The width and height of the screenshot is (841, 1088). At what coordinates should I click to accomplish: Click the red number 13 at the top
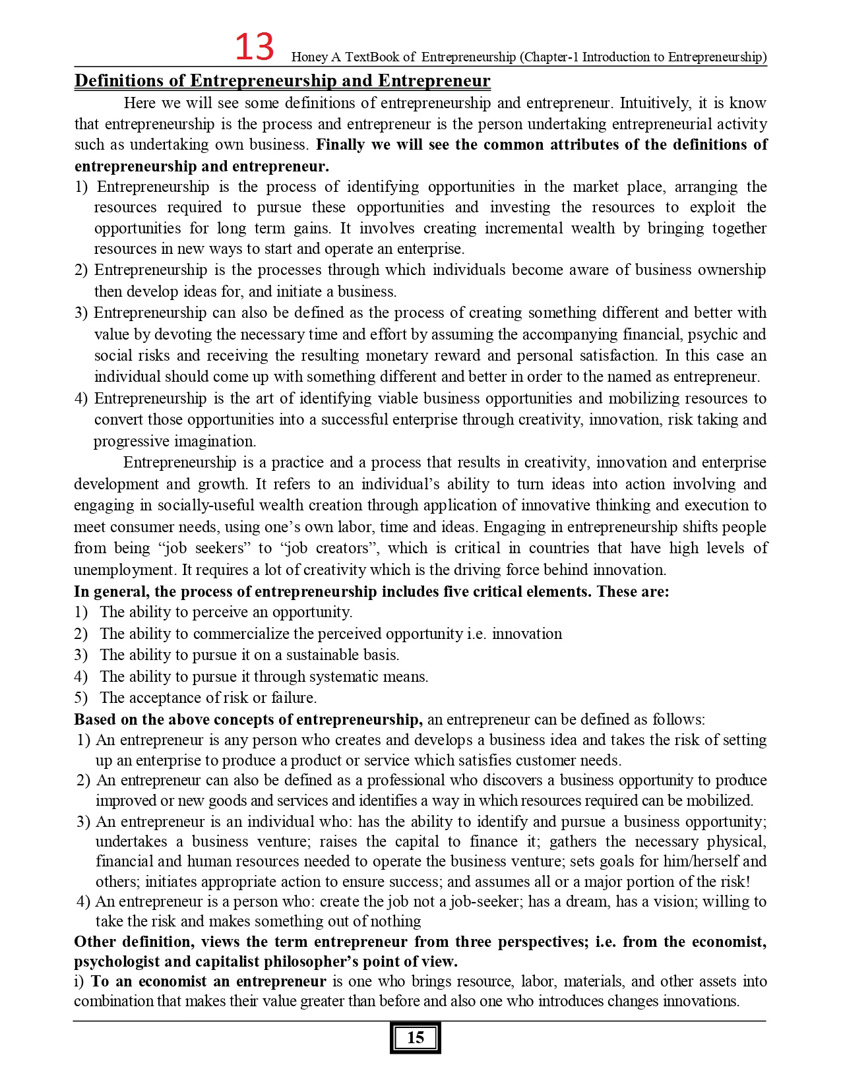254,47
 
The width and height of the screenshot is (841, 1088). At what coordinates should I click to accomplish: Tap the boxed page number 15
415,1037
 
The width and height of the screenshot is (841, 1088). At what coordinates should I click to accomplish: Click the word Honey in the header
309,57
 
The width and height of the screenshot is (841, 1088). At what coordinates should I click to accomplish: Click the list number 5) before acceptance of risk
80,698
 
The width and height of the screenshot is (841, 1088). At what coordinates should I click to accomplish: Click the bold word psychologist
115,961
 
